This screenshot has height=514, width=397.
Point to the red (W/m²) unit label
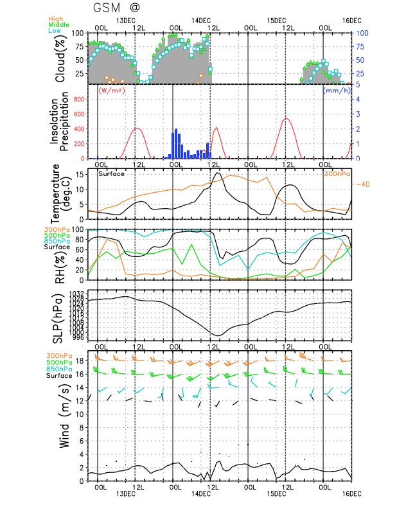[111, 91]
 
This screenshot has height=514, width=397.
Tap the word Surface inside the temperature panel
[111, 173]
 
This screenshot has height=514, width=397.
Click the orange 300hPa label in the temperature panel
[337, 173]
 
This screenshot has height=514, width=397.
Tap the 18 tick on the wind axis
[81, 361]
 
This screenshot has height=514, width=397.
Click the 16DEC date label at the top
[351, 21]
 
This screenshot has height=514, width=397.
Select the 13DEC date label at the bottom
[126, 494]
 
